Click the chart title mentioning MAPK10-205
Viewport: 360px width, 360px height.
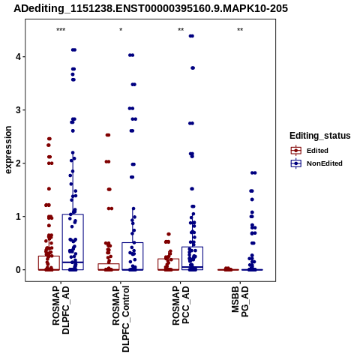151,9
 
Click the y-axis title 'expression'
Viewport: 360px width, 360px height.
8,150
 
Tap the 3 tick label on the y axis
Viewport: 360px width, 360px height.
18,110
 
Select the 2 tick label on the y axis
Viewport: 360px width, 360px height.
18,163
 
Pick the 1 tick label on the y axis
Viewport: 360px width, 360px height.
18,217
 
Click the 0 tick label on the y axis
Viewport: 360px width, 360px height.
18,270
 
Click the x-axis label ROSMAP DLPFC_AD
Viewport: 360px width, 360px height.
61,310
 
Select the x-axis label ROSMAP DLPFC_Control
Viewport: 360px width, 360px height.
121,319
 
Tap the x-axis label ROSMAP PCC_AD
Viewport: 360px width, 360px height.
181,305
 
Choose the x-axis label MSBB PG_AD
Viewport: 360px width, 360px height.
240,301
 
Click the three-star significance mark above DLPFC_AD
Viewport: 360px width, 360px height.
61,30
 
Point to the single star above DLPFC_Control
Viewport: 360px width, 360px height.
121,30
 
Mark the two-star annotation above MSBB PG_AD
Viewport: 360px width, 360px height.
240,30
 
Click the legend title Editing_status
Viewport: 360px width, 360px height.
320,136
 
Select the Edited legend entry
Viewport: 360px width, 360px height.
309,151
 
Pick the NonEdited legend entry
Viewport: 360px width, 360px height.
316,163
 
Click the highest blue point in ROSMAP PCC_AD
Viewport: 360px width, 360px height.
191,36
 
